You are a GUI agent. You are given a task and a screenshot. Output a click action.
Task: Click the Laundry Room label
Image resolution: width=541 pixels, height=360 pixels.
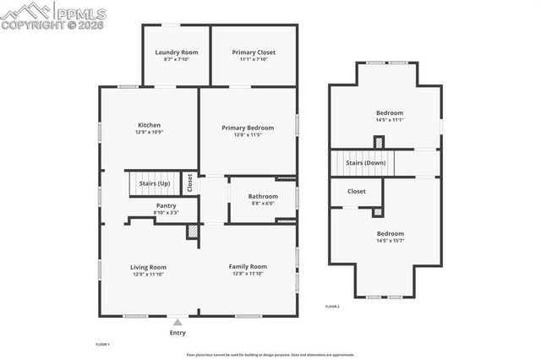click(x=176, y=52)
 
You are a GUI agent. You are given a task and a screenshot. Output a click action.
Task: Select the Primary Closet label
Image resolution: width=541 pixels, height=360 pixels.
click(x=254, y=52)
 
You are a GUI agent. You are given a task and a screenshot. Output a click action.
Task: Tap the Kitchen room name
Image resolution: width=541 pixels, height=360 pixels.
click(x=149, y=125)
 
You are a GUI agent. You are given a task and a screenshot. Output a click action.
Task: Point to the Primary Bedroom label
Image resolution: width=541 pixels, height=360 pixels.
click(x=248, y=128)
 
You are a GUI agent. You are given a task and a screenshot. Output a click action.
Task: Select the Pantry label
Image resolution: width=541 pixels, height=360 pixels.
click(x=166, y=205)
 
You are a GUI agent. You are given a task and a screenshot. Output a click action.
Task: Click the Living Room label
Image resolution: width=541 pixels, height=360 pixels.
click(x=148, y=267)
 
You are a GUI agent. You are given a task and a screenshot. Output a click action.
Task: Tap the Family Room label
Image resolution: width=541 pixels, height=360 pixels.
click(x=248, y=267)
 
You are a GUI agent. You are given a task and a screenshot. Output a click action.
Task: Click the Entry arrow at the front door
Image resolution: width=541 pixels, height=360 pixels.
click(x=177, y=322)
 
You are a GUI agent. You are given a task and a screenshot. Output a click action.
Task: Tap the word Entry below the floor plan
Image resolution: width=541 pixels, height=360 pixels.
click(x=177, y=332)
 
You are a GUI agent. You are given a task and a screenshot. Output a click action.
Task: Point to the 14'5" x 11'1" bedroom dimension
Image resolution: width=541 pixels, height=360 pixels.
click(x=390, y=120)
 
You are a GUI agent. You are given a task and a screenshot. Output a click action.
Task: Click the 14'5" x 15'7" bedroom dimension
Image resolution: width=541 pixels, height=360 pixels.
click(x=390, y=241)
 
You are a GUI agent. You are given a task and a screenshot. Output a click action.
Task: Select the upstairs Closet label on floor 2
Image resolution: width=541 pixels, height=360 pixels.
click(x=357, y=191)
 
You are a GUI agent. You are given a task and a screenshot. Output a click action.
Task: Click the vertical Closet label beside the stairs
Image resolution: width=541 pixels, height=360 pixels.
click(x=190, y=183)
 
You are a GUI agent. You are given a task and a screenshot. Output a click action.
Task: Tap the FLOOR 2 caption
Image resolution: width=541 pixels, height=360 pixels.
click(x=332, y=306)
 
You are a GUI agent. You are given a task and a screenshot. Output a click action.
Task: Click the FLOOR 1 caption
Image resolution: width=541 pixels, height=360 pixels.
click(x=102, y=344)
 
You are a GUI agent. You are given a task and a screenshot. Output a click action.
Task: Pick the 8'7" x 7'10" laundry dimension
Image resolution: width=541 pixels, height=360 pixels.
click(x=176, y=60)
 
